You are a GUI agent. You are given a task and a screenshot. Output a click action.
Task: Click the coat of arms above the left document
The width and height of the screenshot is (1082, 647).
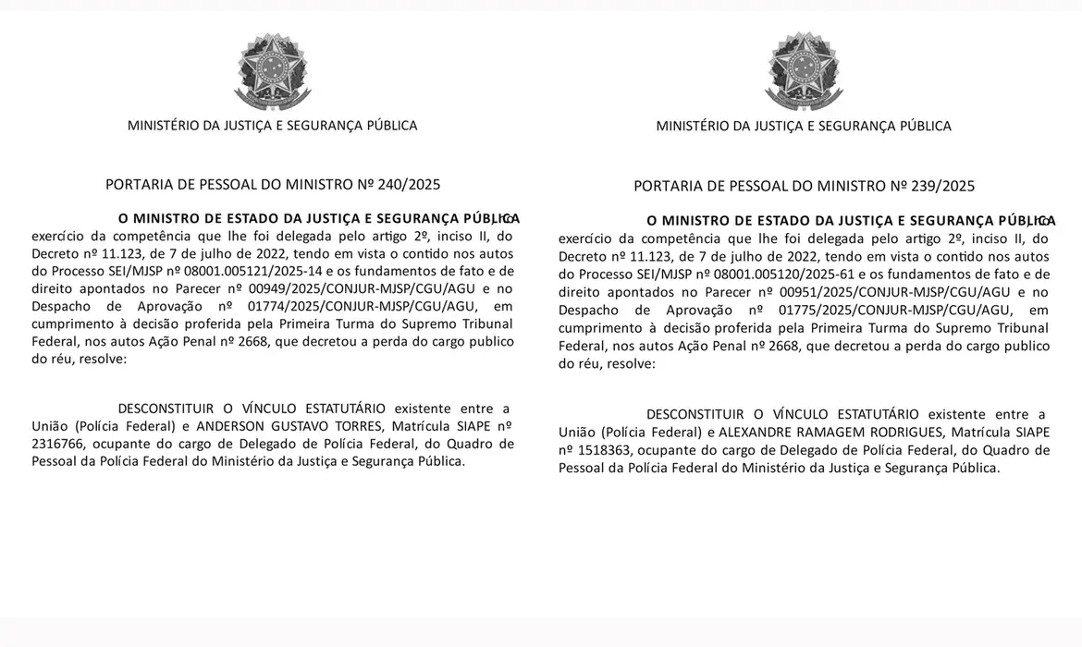point(271,72)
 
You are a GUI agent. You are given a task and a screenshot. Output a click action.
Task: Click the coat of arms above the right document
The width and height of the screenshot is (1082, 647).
point(804,72)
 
